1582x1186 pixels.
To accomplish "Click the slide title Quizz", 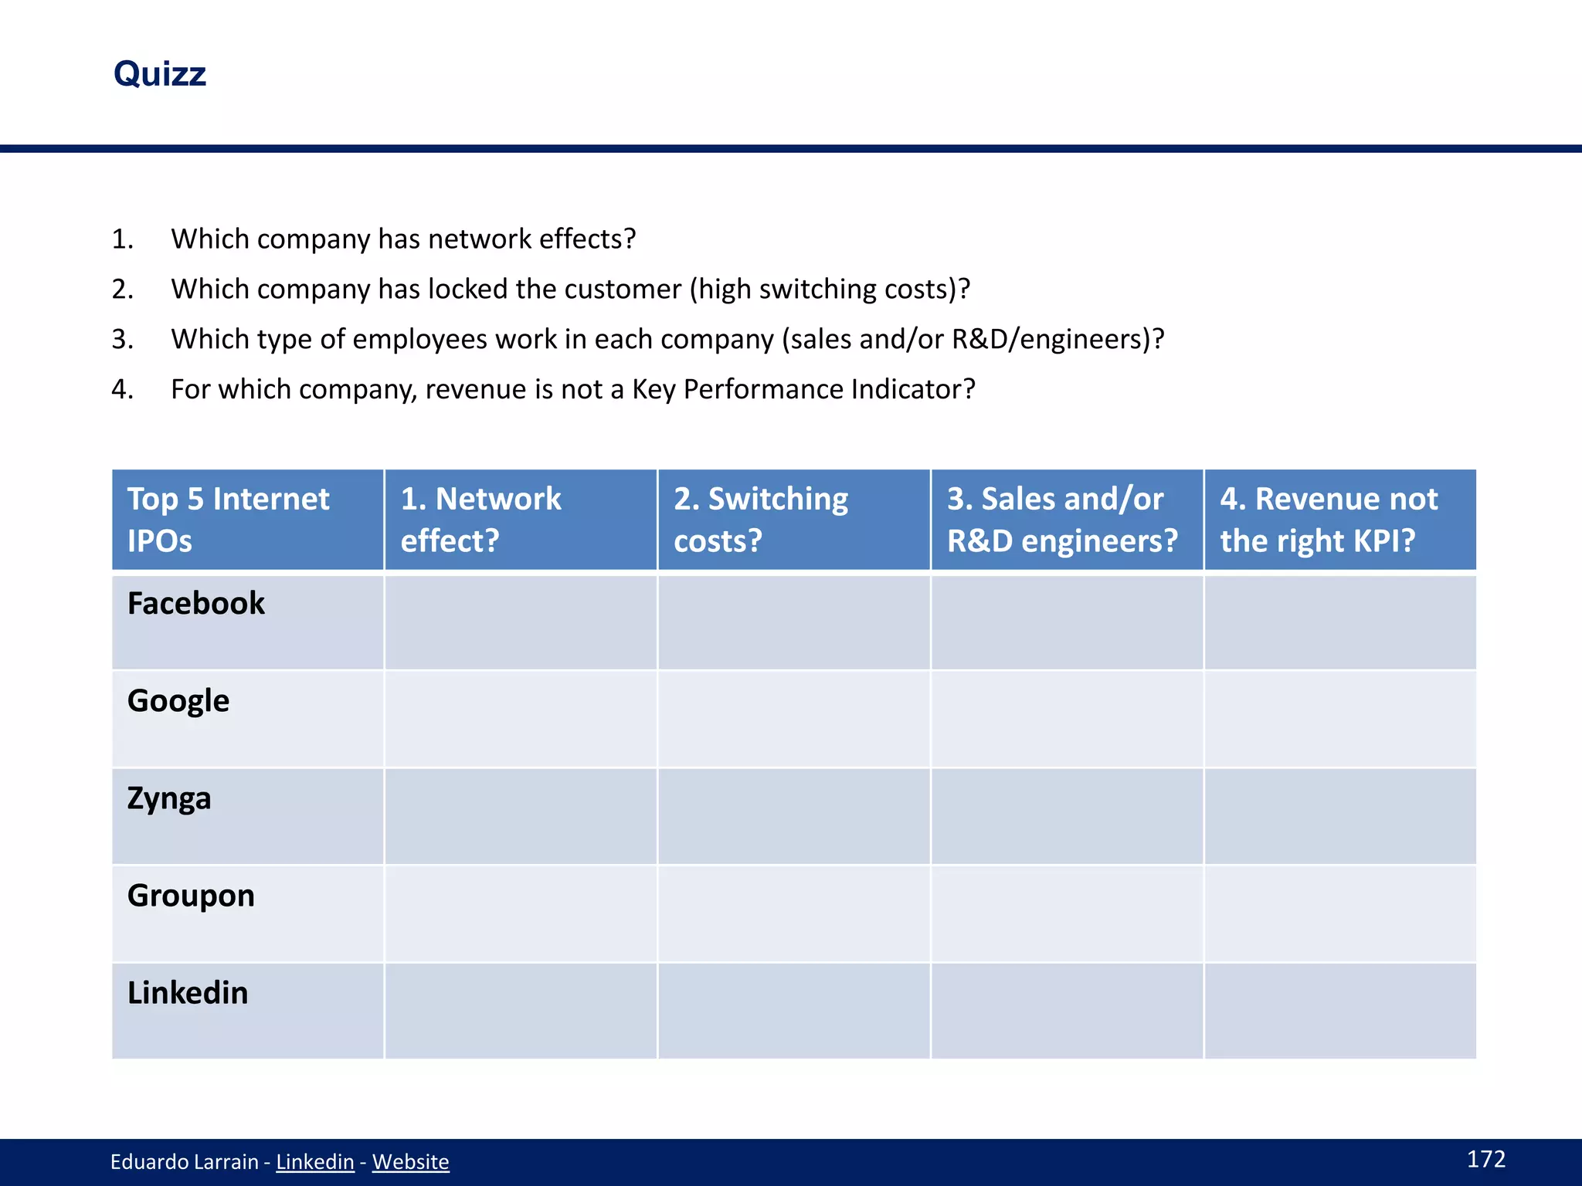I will coord(160,74).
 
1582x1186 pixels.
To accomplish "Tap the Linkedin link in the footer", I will coord(314,1161).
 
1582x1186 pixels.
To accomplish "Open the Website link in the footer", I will coord(410,1161).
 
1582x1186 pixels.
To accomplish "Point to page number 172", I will coord(1485,1159).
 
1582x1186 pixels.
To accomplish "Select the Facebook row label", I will coord(196,603).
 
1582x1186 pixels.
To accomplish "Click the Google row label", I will coord(178,700).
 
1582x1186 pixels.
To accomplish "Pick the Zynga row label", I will coord(169,798).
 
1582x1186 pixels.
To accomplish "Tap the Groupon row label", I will coord(191,896).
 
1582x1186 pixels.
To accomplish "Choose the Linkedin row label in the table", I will coord(188,993).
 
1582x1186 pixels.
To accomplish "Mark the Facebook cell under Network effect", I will coord(521,622).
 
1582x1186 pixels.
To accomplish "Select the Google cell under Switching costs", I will coord(794,719).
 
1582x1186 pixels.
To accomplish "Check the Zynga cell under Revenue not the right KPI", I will coord(1340,816).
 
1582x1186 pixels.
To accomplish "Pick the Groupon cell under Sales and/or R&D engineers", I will coord(1067,913).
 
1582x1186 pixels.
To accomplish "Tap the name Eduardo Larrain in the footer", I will coord(184,1161).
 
